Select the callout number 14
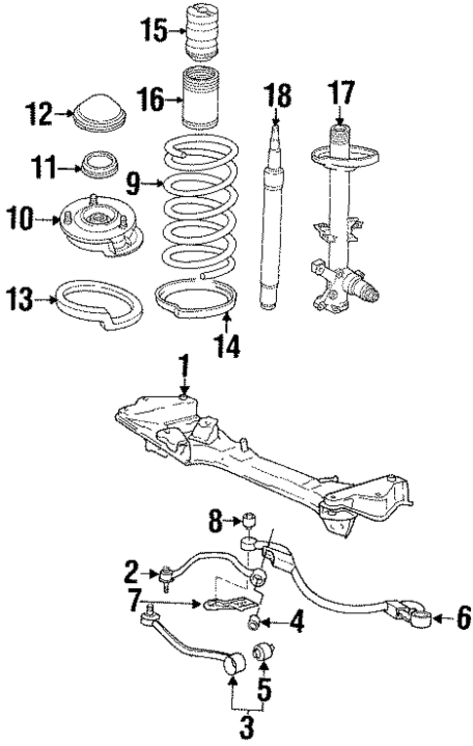pos(225,345)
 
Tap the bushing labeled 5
pos(263,649)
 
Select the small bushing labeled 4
pos(255,622)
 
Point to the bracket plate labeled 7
pos(222,605)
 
